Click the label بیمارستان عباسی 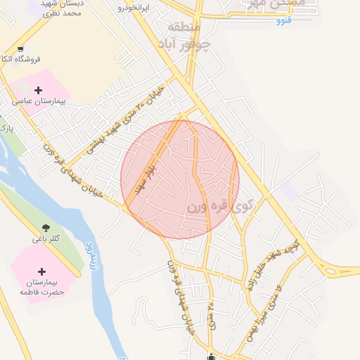pos(38,102)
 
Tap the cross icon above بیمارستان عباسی pos(38,90)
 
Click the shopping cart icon pos(21,49)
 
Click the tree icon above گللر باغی pos(46,227)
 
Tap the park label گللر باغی pos(46,239)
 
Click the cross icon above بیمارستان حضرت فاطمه pos(41,271)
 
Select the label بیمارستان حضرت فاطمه pos(41,287)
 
